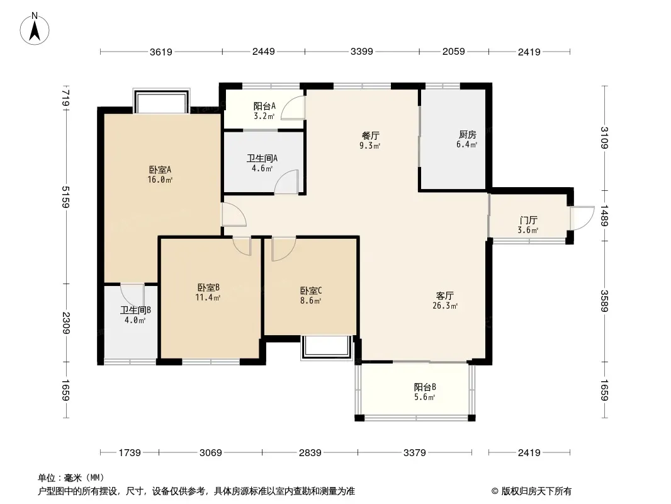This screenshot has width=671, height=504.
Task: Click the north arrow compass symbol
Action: coord(35,28)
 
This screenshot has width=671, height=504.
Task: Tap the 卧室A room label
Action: coord(160,170)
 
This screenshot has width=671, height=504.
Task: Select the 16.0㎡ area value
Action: coord(160,180)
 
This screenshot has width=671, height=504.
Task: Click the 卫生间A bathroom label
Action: coord(262,158)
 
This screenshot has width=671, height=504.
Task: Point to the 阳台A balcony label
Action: coord(264,106)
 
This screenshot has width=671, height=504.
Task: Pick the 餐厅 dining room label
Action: coord(371,135)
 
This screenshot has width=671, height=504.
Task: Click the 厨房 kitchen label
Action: coord(467,134)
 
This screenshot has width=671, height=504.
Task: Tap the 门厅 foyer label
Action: coord(528,220)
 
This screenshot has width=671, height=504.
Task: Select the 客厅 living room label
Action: coord(445,295)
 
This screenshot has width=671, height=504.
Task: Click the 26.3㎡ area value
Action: coord(445,306)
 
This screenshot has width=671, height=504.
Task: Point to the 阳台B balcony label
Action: coord(425,387)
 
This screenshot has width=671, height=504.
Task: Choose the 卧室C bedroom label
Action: coord(311,291)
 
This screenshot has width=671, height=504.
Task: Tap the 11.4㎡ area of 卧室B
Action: coord(208,297)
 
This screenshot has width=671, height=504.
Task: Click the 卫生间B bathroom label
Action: coord(135,310)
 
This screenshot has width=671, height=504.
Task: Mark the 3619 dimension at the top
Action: coord(161,52)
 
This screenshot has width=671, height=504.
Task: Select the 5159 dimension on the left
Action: coord(65,197)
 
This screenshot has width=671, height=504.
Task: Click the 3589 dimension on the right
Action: coord(604,301)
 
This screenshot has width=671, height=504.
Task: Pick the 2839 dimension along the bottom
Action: coord(310,452)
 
